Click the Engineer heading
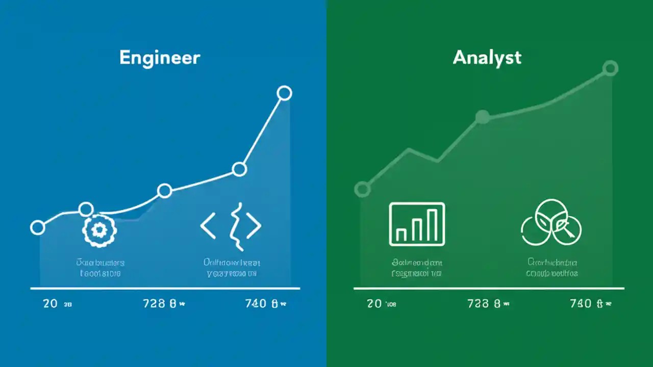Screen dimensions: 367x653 click(160, 58)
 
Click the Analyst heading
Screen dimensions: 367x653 click(487, 57)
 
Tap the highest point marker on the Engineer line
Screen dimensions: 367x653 click(284, 93)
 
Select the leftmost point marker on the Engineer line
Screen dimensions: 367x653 click(37, 227)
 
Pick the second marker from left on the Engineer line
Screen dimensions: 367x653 click(86, 209)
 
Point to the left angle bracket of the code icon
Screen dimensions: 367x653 click(208, 226)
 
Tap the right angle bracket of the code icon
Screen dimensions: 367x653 click(254, 226)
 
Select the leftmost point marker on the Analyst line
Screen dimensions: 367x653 click(362, 190)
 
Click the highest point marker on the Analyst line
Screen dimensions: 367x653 click(610, 68)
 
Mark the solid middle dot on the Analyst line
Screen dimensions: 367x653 click(482, 117)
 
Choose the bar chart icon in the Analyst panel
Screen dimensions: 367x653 click(417, 224)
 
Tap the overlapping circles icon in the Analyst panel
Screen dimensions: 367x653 click(551, 223)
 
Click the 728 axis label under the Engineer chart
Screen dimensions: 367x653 click(155, 304)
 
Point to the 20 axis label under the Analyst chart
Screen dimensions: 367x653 click(374, 304)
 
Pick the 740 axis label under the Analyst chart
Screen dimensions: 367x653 click(581, 304)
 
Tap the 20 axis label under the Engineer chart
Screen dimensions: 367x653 click(50, 304)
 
